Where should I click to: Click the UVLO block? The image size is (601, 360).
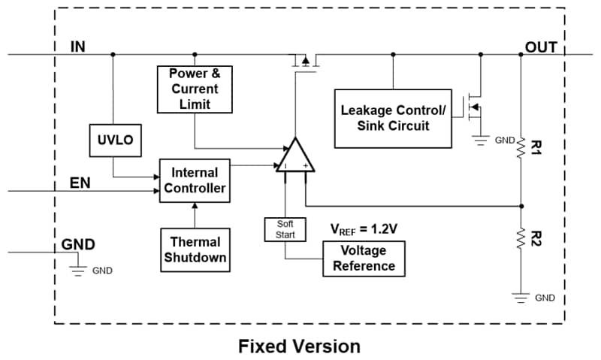point(114,141)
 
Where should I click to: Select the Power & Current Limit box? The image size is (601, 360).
point(195,89)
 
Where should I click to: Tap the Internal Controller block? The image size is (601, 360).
point(194,180)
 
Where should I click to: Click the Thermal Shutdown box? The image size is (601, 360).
point(195,250)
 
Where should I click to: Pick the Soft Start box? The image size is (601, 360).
point(285,229)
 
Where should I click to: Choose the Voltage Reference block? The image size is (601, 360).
point(364,259)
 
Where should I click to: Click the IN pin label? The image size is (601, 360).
point(78,47)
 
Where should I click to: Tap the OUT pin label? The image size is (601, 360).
point(541,47)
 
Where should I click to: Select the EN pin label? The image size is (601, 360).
point(80,183)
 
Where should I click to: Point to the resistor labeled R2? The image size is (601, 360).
point(521,240)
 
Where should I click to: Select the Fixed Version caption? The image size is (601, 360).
point(299,346)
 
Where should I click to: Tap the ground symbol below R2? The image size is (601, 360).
point(521,296)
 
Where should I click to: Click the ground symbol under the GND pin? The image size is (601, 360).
point(78,269)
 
